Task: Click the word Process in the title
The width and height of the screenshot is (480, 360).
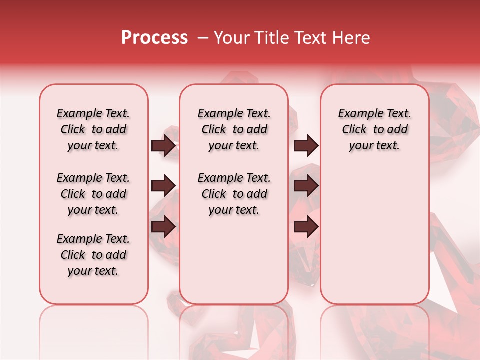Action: (x=154, y=38)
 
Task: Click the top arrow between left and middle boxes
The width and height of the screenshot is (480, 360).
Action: (x=163, y=146)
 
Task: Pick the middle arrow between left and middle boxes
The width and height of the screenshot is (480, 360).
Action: (x=163, y=186)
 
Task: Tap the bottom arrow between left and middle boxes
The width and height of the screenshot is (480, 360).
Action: (x=163, y=227)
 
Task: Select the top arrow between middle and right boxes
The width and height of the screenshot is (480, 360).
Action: (x=306, y=146)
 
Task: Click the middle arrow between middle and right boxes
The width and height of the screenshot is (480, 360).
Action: (x=306, y=186)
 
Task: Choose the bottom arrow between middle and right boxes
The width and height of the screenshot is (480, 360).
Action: (x=306, y=227)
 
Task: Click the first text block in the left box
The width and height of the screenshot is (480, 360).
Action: (x=93, y=129)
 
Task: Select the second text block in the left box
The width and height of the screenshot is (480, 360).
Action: (x=93, y=194)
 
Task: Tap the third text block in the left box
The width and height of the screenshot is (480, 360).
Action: (x=93, y=255)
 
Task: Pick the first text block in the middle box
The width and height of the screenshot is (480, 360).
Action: (x=234, y=129)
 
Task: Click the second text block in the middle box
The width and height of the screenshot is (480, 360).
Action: (x=234, y=194)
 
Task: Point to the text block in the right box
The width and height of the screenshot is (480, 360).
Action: (x=374, y=129)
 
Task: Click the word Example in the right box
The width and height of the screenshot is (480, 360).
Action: (x=356, y=113)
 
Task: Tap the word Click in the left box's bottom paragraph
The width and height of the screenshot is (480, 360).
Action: (x=73, y=255)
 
